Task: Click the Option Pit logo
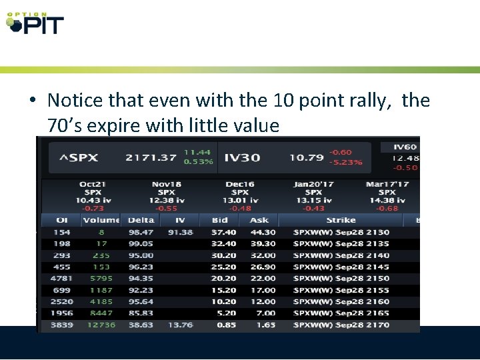35,23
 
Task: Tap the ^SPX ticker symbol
79,158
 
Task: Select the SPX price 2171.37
151,158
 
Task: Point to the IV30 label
242,158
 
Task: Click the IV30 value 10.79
307,158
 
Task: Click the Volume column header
101,220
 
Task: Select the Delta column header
141,220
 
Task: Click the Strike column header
341,220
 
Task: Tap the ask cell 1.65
265,325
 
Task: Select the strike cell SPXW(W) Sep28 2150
341,279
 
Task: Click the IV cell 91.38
180,232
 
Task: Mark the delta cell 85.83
141,313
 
